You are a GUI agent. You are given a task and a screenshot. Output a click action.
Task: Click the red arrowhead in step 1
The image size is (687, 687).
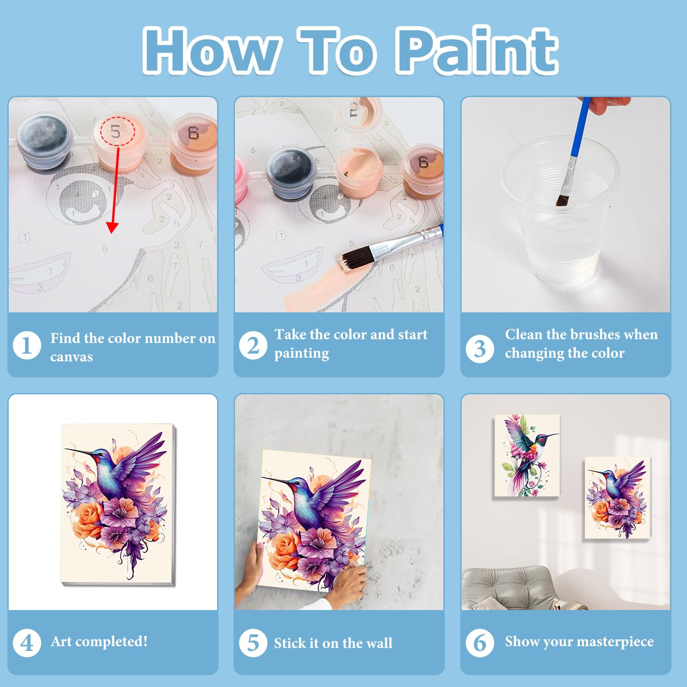(112, 228)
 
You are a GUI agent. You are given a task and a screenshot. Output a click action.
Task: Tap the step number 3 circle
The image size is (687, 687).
(480, 349)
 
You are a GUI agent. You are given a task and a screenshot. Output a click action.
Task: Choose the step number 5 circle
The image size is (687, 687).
(253, 643)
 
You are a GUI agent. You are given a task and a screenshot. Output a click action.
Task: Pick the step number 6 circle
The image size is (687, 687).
(480, 643)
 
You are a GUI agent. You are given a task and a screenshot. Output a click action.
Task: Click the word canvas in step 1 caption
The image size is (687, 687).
(71, 357)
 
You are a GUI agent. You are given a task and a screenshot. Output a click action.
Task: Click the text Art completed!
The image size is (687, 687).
(99, 641)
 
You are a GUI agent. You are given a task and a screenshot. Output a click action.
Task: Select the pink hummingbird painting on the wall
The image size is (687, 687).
(528, 456)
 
